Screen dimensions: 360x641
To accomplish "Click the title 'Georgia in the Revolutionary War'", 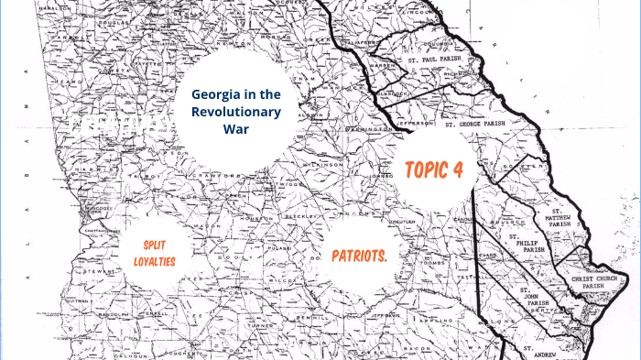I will (x=237, y=111).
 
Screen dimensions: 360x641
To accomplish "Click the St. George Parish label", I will (x=475, y=123).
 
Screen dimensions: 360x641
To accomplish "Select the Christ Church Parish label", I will (x=600, y=283).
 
